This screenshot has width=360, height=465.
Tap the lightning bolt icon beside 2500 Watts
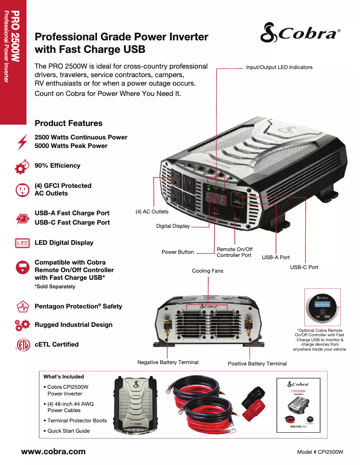[x=22, y=142]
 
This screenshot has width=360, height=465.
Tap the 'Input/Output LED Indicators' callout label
[x=279, y=67]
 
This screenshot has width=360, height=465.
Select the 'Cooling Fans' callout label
[x=207, y=271]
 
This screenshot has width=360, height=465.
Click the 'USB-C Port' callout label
[x=304, y=267]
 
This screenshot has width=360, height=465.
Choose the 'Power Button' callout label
[x=178, y=252]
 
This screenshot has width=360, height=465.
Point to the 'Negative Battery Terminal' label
[x=168, y=362]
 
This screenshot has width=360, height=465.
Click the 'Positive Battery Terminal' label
[x=257, y=364]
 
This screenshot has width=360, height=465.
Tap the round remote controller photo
[x=322, y=307]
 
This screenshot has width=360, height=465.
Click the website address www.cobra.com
[x=53, y=452]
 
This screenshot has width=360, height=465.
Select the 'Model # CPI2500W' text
[x=320, y=452]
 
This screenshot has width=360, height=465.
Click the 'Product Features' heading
[x=69, y=123]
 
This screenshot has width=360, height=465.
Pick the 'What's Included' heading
[x=64, y=377]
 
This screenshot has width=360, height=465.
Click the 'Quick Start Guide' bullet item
[x=69, y=431]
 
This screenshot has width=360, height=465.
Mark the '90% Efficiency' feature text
[x=57, y=165]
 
